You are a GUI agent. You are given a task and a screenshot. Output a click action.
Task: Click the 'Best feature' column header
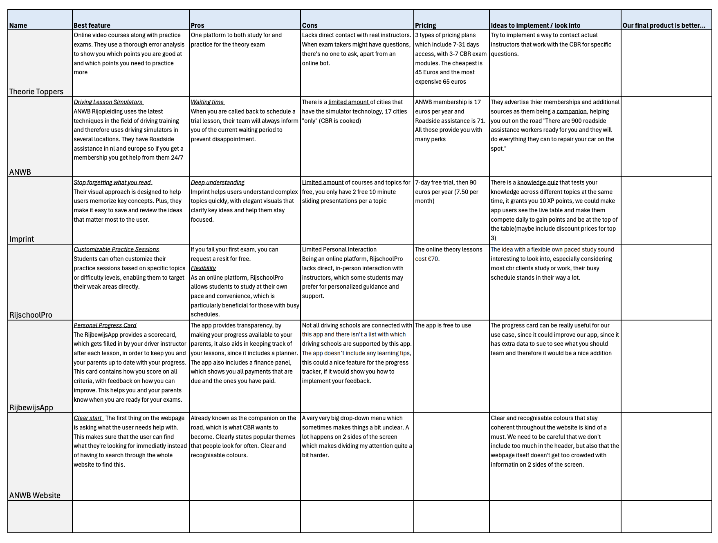(92, 25)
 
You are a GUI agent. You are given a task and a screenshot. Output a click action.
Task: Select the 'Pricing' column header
(425, 25)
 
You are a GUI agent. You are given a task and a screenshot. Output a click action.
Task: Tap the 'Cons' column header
(310, 25)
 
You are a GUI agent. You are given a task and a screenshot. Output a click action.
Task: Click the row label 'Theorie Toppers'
(36, 91)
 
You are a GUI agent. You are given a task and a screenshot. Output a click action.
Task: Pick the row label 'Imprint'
(22, 239)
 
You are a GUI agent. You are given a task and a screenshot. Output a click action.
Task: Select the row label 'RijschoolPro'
(31, 315)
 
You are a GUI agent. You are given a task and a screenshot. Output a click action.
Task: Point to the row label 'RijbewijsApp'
(31, 407)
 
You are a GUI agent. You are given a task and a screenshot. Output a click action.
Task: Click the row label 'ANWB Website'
(35, 495)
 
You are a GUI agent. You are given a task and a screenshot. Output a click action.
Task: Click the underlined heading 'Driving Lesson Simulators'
(108, 102)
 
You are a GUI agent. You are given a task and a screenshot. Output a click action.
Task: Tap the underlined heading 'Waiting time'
(207, 102)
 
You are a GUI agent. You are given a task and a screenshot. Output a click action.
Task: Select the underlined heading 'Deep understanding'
(218, 182)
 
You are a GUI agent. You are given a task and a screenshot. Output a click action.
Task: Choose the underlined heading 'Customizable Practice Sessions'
(116, 249)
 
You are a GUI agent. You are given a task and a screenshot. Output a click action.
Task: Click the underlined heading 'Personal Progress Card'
(105, 325)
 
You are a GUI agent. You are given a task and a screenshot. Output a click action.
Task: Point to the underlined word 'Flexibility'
(203, 268)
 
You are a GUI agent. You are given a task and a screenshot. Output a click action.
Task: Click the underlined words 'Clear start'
(88, 418)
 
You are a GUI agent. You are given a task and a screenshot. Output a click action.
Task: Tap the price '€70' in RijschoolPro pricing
(433, 259)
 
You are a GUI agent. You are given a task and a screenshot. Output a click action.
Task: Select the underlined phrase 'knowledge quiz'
(537, 182)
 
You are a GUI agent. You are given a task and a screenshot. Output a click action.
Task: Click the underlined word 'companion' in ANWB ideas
(571, 111)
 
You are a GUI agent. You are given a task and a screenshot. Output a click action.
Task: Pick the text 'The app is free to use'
(443, 325)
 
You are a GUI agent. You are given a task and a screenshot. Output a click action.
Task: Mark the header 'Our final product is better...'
(664, 25)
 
